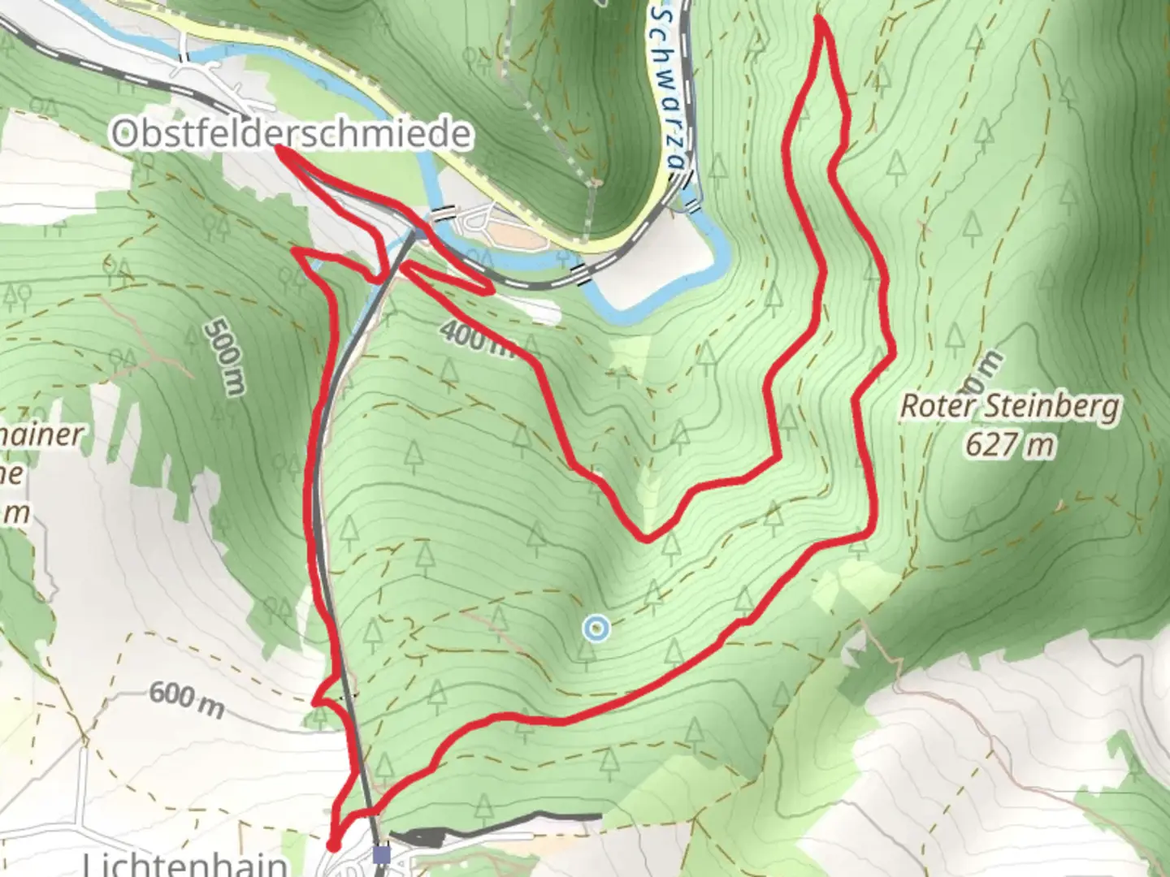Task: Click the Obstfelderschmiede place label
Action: [291, 133]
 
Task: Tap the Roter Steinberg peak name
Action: [1009, 407]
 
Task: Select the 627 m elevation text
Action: [1010, 444]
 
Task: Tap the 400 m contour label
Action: [479, 337]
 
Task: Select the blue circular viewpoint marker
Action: [596, 628]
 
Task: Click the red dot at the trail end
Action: [332, 846]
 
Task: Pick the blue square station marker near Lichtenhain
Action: [382, 853]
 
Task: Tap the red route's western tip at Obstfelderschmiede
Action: [279, 148]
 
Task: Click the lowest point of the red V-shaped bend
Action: [646, 538]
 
